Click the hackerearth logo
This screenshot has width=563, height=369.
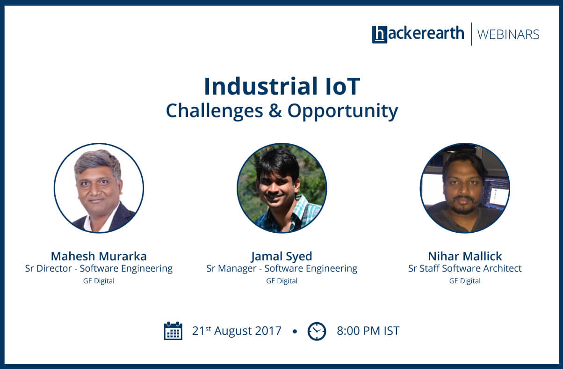(x=418, y=34)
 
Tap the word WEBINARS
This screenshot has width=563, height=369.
(x=508, y=35)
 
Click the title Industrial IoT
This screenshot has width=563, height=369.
(x=282, y=86)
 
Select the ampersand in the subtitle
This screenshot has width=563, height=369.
(x=275, y=111)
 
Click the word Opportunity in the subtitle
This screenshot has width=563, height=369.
(x=343, y=111)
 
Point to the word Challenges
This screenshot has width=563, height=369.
(x=214, y=111)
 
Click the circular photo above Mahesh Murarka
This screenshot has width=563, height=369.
(x=99, y=188)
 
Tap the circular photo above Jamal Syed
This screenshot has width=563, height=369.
(x=282, y=188)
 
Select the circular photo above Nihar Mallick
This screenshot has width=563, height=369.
(x=465, y=188)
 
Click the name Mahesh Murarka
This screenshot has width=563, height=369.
(x=99, y=256)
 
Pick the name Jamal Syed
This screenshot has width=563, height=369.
(x=282, y=257)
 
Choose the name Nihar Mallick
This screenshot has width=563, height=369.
(x=465, y=256)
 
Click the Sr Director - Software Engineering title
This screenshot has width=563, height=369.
(x=99, y=269)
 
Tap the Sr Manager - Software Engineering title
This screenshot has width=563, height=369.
(x=282, y=269)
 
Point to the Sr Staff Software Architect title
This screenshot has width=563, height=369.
(x=465, y=268)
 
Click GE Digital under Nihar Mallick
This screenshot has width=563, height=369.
(x=465, y=281)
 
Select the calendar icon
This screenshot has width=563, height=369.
(x=173, y=331)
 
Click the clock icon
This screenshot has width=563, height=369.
(x=317, y=331)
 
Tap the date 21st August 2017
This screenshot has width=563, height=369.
(x=237, y=331)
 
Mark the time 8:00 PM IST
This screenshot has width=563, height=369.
(x=368, y=331)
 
